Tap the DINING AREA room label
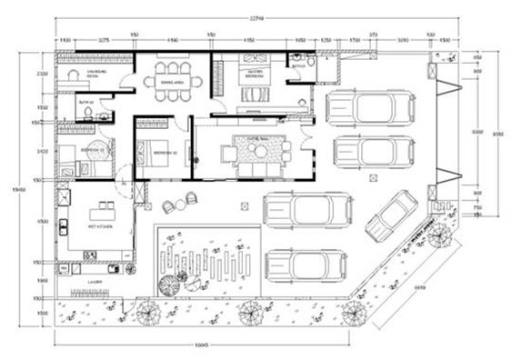[173, 81]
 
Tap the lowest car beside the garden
[306, 265]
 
